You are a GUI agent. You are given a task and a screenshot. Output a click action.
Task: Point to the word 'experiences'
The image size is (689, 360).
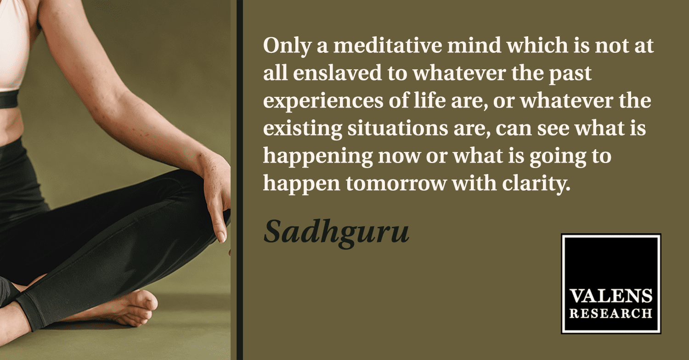pyautogui.click(x=323, y=102)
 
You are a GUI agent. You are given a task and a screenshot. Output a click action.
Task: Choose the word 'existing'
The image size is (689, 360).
pyautogui.click(x=303, y=129)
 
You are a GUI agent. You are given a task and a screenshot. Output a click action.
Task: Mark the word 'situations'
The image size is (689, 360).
pyautogui.click(x=398, y=128)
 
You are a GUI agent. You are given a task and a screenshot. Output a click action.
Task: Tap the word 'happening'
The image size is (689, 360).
pyautogui.click(x=318, y=157)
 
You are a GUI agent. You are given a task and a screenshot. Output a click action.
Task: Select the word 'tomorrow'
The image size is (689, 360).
pyautogui.click(x=396, y=184)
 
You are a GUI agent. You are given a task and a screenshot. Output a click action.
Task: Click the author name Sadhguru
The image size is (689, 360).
pyautogui.click(x=337, y=233)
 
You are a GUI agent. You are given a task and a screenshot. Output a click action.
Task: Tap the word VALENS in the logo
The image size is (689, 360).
pyautogui.click(x=611, y=296)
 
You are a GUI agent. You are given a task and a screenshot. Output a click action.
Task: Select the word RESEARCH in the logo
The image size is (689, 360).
pyautogui.click(x=611, y=313)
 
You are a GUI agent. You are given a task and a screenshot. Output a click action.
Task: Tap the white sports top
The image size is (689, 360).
pyautogui.click(x=14, y=46)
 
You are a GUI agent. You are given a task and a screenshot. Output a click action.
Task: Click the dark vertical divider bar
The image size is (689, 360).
pyautogui.click(x=240, y=180)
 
